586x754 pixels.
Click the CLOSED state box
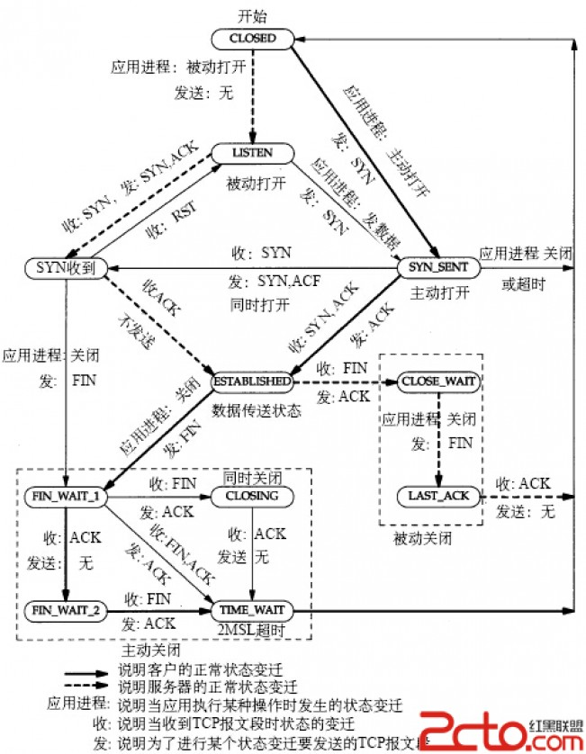coord(253,38)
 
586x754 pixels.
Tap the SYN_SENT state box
coord(434,267)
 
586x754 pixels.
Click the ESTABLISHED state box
coord(253,381)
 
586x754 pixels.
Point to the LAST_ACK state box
coord(438,496)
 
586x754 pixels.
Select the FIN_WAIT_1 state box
coord(66,496)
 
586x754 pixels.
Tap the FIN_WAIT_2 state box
coord(66,611)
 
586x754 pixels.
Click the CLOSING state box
coord(252,496)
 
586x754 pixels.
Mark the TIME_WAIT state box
coord(252,611)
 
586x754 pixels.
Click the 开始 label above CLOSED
coord(253,16)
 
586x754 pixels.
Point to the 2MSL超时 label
coord(252,630)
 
